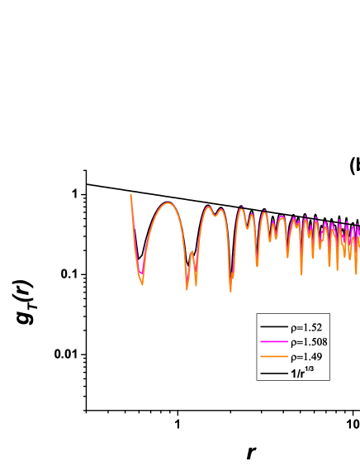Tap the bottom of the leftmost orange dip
click(x=142, y=284)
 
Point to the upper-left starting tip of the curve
click(x=131, y=194)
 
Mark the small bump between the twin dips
click(x=192, y=255)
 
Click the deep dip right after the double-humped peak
click(x=230, y=290)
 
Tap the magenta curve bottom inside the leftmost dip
click(x=141, y=272)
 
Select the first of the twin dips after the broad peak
click(x=187, y=288)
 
